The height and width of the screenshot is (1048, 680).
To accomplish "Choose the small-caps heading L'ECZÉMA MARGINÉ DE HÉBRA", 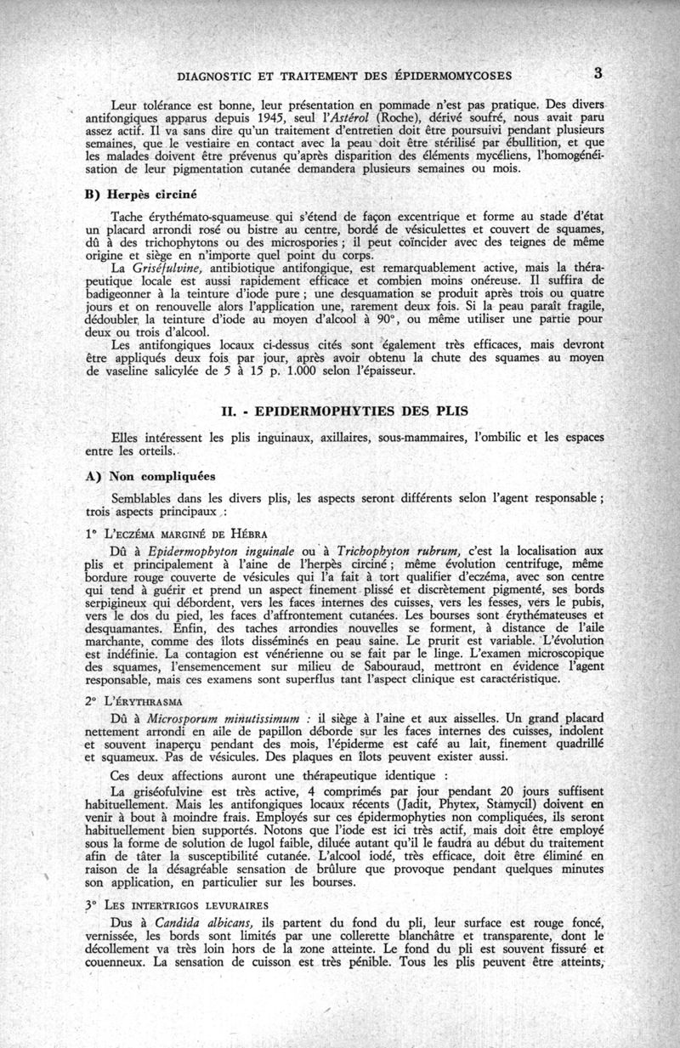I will [x=177, y=534].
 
